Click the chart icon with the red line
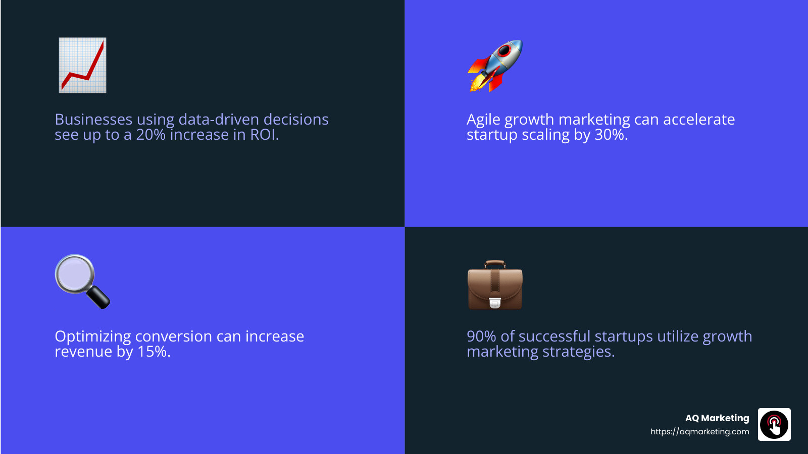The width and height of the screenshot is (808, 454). click(x=82, y=65)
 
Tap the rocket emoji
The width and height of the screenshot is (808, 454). click(x=495, y=66)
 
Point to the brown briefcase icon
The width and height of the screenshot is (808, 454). click(x=495, y=285)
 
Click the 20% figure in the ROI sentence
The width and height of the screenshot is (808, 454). click(x=150, y=135)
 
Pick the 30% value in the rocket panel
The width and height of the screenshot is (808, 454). click(x=610, y=135)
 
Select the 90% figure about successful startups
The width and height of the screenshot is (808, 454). click(x=481, y=336)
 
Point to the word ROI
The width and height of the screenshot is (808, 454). click(x=263, y=135)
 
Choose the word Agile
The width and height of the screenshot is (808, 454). click(x=483, y=120)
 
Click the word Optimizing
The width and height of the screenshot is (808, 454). click(x=92, y=337)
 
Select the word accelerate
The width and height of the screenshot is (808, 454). click(x=699, y=120)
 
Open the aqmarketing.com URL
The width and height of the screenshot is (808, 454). click(x=699, y=432)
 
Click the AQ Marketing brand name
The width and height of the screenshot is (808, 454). click(x=717, y=418)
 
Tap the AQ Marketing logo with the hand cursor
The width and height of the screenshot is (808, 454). click(x=774, y=425)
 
